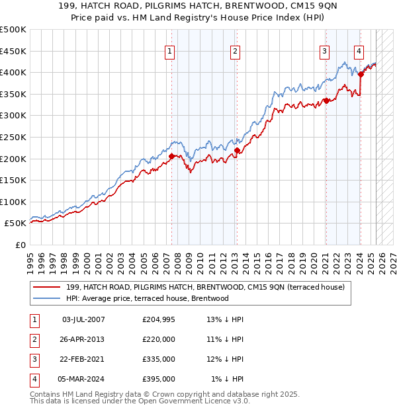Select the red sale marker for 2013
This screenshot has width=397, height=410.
point(237,151)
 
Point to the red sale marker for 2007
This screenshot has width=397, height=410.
point(171,157)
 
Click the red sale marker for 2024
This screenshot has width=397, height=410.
point(361,75)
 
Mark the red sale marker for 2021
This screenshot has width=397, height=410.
point(326,101)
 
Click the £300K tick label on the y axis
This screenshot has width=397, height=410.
point(13,116)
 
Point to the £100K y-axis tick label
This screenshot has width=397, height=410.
point(13,202)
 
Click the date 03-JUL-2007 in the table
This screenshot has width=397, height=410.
point(83,319)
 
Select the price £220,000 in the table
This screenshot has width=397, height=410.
point(159,339)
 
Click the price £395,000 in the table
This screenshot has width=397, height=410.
point(159,379)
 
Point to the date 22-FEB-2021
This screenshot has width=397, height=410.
point(83,359)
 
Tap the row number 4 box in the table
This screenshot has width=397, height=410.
point(33,379)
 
